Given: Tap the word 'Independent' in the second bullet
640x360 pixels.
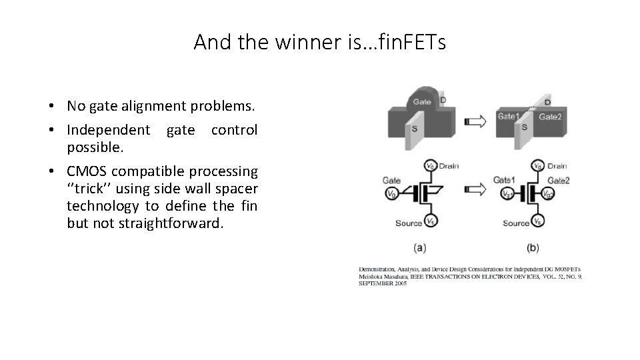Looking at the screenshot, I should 109,129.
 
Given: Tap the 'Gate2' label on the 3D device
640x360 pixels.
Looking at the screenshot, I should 551,117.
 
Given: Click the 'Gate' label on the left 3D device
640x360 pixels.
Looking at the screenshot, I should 421,102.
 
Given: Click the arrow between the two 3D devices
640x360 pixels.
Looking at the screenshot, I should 476,121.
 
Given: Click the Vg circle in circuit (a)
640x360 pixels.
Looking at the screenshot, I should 391,194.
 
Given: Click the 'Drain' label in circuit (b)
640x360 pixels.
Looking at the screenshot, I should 557,166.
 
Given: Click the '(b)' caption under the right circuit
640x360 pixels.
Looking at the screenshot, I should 533,247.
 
